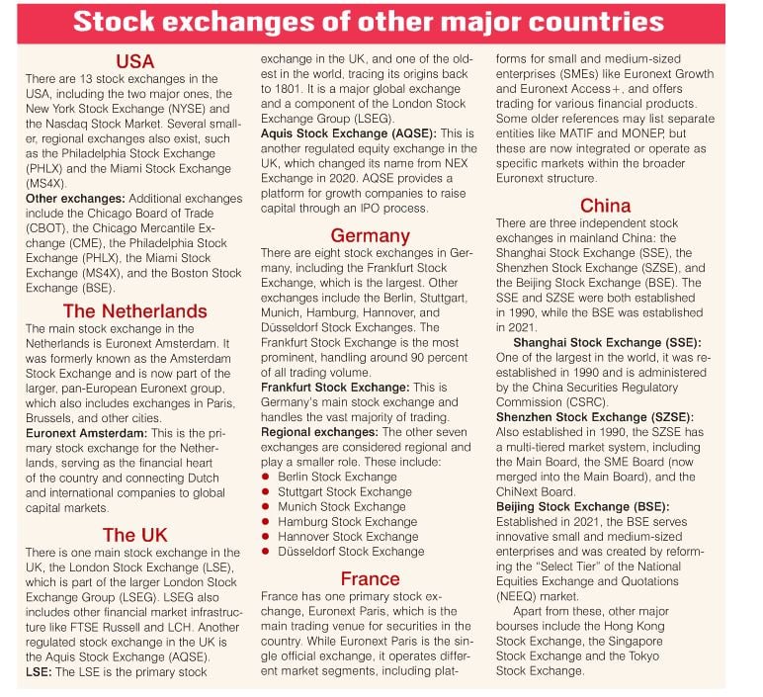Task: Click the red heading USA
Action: point(134,61)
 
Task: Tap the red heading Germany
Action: point(370,235)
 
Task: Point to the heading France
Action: point(370,578)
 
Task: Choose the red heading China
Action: point(605,206)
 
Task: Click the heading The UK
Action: point(134,536)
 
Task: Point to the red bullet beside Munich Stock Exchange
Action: point(267,506)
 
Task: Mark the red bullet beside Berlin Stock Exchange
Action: point(267,477)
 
